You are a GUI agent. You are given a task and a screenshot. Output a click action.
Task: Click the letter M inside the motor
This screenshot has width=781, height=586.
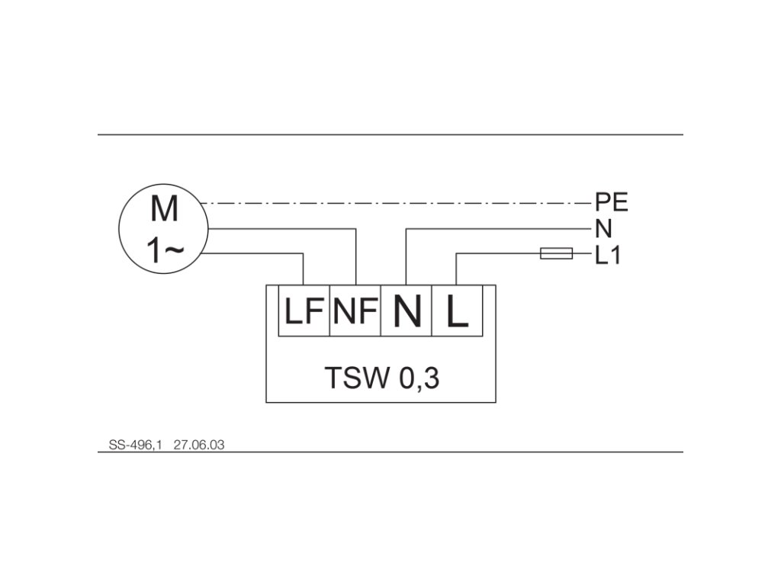click(x=164, y=208)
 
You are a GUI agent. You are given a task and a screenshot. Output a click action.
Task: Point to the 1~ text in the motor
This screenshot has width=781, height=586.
click(x=164, y=250)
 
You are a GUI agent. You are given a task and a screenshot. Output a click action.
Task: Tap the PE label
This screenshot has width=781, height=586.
click(x=611, y=203)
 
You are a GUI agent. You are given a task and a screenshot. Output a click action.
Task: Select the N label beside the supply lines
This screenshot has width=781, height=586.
click(x=603, y=228)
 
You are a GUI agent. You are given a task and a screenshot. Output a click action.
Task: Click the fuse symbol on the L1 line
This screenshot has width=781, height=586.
click(x=556, y=253)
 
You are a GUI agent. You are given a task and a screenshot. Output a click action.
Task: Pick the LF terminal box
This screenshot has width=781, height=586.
click(x=304, y=311)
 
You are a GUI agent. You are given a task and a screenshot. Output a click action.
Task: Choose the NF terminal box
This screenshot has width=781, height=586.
click(x=355, y=311)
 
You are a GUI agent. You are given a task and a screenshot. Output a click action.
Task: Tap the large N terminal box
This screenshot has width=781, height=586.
click(x=407, y=311)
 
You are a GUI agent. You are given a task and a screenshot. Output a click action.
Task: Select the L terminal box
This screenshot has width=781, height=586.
click(x=458, y=311)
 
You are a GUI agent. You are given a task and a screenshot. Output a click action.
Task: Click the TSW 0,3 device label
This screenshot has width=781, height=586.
click(x=381, y=378)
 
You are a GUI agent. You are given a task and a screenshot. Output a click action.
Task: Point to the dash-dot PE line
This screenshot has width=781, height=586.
click(x=397, y=204)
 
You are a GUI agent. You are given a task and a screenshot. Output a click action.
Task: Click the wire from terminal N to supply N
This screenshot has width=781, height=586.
click(x=496, y=228)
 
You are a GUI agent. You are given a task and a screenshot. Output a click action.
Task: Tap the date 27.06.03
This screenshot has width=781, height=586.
click(x=199, y=443)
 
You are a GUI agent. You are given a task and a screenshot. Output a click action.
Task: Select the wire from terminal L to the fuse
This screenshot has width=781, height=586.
click(x=496, y=253)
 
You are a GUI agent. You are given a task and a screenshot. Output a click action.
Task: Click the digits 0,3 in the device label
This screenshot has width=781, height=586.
click(x=418, y=378)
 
